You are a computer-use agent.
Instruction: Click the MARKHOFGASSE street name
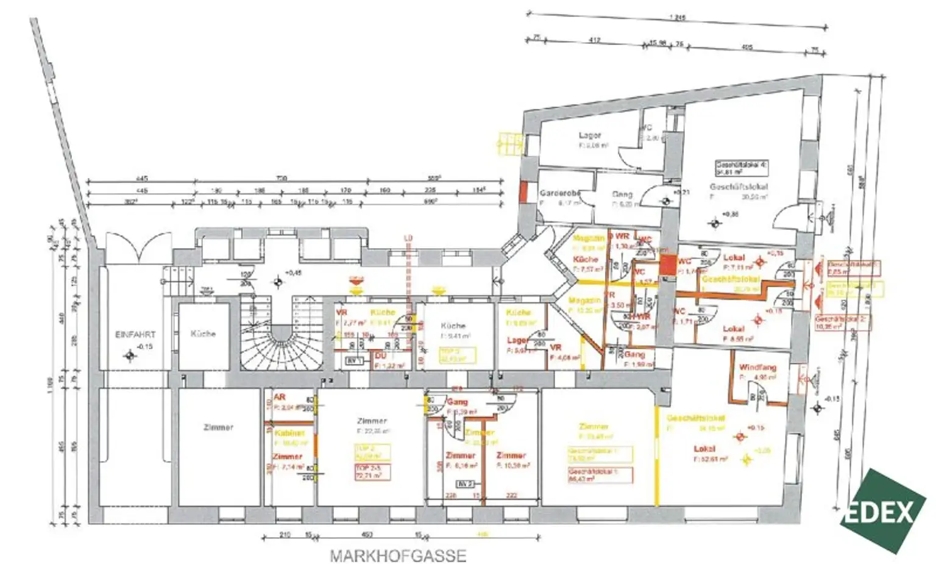pyautogui.click(x=398, y=556)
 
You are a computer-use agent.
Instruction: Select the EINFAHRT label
pyautogui.click(x=135, y=335)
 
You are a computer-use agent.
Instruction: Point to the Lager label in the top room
pyautogui.click(x=589, y=135)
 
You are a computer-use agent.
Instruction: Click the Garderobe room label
pyautogui.click(x=559, y=193)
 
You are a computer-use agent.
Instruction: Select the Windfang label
pyautogui.click(x=757, y=368)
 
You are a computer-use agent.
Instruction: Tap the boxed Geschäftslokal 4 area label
pyautogui.click(x=741, y=168)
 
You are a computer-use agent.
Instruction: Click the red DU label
pyautogui.click(x=380, y=355)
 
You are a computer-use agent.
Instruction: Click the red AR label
pyautogui.click(x=280, y=398)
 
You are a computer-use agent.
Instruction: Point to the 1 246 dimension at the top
pyautogui.click(x=677, y=17)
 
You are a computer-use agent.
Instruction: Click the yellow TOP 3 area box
pyautogui.click(x=457, y=355)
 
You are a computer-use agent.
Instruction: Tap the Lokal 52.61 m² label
pyautogui.click(x=710, y=454)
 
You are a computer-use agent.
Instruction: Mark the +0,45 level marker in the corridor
pyautogui.click(x=294, y=273)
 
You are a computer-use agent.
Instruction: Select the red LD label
pyautogui.click(x=408, y=237)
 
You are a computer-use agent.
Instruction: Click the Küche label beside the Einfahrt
pyautogui.click(x=203, y=334)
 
